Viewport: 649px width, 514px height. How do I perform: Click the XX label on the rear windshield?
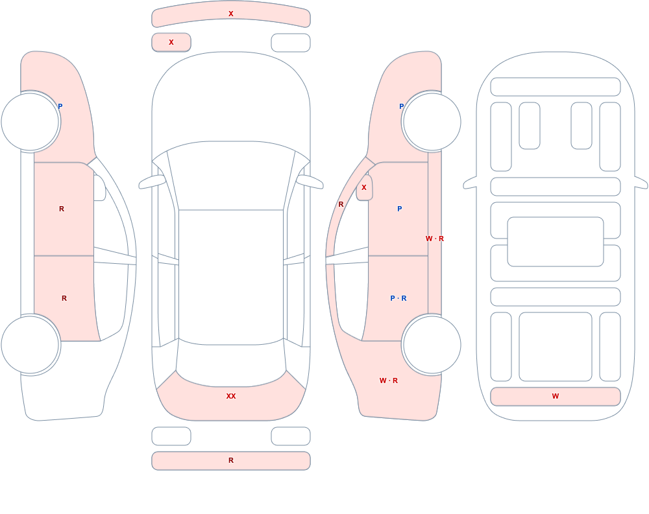(231, 396)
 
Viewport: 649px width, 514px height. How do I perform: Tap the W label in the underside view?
(556, 396)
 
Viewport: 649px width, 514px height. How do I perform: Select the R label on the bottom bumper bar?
(231, 460)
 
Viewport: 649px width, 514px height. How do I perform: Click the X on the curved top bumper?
(231, 14)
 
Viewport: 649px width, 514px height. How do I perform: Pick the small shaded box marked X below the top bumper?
(171, 42)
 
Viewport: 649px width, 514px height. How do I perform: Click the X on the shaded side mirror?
(364, 187)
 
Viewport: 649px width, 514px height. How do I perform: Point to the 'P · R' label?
(398, 298)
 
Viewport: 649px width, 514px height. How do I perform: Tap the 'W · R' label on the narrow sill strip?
(435, 239)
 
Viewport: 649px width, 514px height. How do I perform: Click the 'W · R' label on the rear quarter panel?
(389, 380)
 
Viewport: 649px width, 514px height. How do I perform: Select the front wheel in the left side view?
(31, 122)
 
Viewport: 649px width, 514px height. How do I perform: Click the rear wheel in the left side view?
(31, 345)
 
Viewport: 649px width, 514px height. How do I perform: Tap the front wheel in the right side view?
(432, 122)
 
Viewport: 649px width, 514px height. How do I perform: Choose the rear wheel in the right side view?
(432, 345)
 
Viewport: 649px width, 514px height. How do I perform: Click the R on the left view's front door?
(62, 209)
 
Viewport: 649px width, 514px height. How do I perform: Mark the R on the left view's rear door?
(64, 298)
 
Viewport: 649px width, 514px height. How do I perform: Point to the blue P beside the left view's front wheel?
(60, 106)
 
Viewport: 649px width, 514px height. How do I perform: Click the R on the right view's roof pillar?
(341, 204)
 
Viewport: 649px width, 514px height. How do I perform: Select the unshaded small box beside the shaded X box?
(291, 43)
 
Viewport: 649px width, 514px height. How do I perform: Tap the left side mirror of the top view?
(152, 182)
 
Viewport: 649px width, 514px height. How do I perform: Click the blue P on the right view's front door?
(399, 209)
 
